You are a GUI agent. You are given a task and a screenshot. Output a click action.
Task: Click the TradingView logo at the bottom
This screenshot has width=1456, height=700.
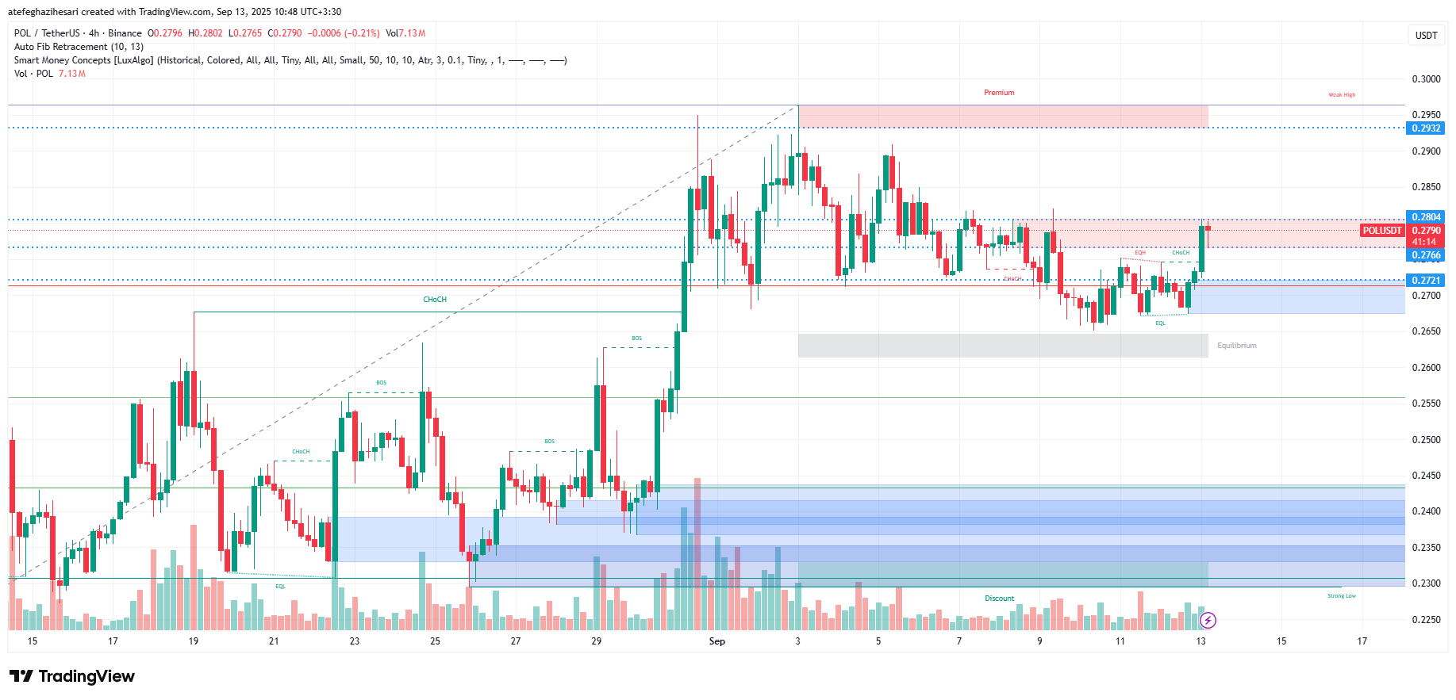click(x=72, y=676)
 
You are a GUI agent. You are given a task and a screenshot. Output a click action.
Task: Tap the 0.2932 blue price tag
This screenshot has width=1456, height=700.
click(x=1426, y=128)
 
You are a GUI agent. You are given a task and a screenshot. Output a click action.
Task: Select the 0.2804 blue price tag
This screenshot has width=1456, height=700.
click(x=1426, y=217)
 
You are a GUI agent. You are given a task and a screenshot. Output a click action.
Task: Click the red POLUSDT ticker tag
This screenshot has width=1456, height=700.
click(x=1382, y=231)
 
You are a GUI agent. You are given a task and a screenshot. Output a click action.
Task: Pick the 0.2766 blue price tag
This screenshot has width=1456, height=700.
click(x=1426, y=255)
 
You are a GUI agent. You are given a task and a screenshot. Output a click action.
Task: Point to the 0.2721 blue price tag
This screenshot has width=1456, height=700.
click(x=1426, y=281)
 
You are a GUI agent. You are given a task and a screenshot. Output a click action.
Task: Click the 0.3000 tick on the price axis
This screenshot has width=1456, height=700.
click(x=1426, y=79)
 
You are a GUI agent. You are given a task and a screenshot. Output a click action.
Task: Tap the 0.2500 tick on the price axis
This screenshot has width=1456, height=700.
click(x=1426, y=440)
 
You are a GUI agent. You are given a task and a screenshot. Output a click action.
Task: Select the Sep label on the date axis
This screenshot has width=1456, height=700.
click(x=716, y=641)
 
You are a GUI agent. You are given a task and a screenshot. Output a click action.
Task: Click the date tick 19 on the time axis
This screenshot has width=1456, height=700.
click(x=194, y=641)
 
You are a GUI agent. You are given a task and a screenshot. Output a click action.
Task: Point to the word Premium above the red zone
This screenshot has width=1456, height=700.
click(x=999, y=93)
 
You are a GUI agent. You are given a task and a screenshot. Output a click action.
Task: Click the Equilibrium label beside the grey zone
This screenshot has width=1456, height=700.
click(x=1236, y=346)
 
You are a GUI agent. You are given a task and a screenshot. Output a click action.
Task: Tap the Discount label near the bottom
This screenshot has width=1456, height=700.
click(x=999, y=599)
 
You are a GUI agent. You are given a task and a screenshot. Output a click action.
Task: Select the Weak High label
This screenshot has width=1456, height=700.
click(x=1342, y=95)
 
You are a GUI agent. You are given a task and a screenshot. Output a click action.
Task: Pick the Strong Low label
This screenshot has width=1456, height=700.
click(x=1341, y=596)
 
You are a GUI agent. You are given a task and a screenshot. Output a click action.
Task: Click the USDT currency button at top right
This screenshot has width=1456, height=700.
click(x=1426, y=36)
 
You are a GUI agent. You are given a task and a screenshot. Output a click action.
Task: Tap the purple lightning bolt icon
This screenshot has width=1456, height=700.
click(x=1207, y=620)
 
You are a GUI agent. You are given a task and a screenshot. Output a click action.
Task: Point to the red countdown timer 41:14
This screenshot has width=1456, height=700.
click(x=1424, y=242)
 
